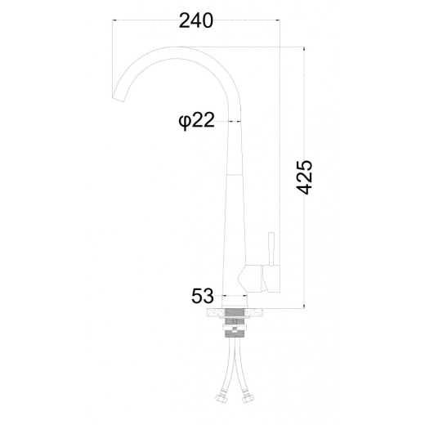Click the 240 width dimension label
(x=195, y=20)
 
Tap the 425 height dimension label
(x=304, y=177)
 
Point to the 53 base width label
(x=203, y=296)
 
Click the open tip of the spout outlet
(x=119, y=99)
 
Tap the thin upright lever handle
(x=271, y=248)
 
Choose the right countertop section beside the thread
(x=255, y=313)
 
